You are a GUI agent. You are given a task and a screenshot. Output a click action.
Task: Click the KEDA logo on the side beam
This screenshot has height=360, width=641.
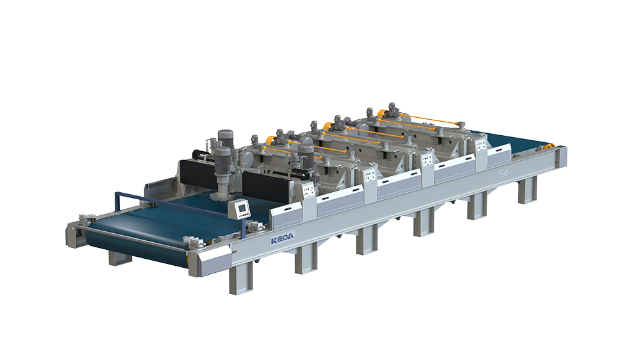[x=282, y=239]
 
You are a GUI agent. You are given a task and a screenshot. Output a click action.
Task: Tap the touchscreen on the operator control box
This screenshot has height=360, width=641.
[x=243, y=207]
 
